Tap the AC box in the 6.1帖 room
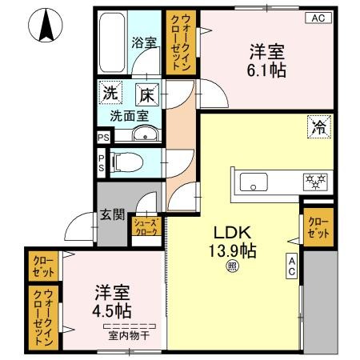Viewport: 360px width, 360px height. (318, 18)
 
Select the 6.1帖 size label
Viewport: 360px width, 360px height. (266, 70)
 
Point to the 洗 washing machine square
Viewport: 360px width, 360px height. (110, 94)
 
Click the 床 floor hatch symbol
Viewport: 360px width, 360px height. (147, 94)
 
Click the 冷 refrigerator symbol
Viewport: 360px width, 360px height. (318, 126)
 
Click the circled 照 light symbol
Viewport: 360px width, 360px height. (231, 267)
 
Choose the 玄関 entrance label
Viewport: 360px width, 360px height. (112, 214)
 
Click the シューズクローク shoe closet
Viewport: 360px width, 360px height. (146, 228)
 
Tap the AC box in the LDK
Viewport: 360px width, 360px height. (292, 266)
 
